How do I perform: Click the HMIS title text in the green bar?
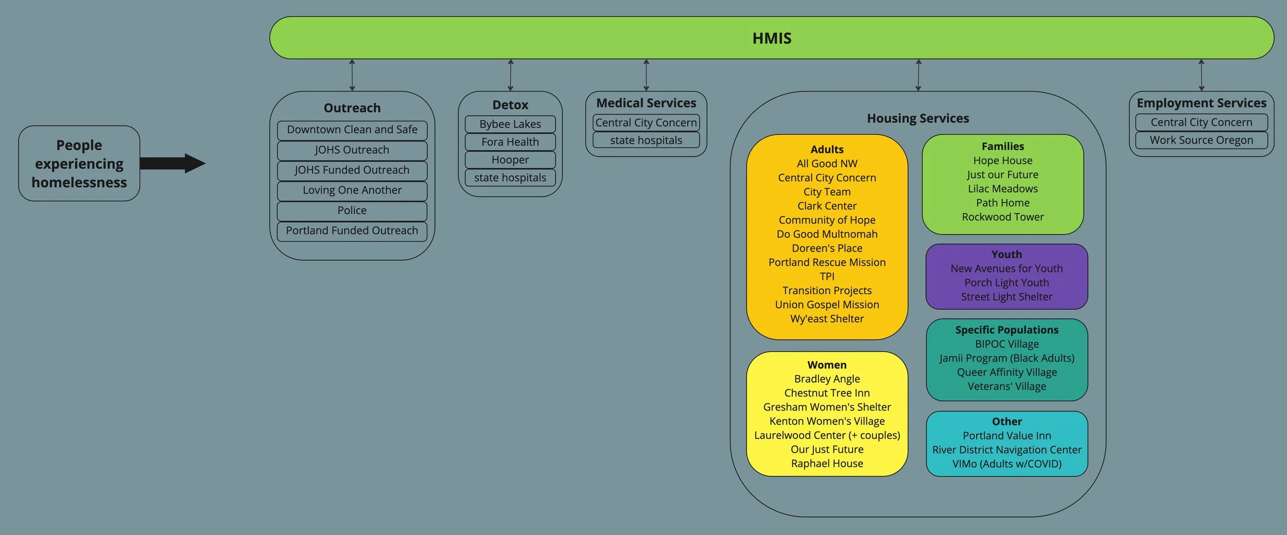point(772,38)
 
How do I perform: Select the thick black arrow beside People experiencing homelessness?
point(172,164)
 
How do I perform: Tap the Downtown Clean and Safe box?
point(352,130)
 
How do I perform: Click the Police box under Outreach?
point(352,210)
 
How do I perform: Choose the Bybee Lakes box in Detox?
point(510,124)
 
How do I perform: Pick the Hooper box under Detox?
point(510,160)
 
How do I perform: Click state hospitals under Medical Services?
point(646,140)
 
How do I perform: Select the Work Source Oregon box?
point(1202,140)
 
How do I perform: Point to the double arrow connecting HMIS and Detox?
point(510,75)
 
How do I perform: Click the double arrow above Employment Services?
point(1201,75)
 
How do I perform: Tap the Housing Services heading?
point(918,118)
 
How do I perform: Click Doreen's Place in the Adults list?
point(827,248)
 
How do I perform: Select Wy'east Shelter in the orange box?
point(827,318)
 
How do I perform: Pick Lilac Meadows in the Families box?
point(1002,189)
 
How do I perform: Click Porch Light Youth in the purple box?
point(1006,282)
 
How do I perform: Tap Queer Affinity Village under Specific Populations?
point(1006,372)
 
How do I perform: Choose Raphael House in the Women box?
point(827,463)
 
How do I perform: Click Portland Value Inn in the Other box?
point(1006,435)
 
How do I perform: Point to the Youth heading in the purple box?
point(1006,254)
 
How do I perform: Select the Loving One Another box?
point(352,190)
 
